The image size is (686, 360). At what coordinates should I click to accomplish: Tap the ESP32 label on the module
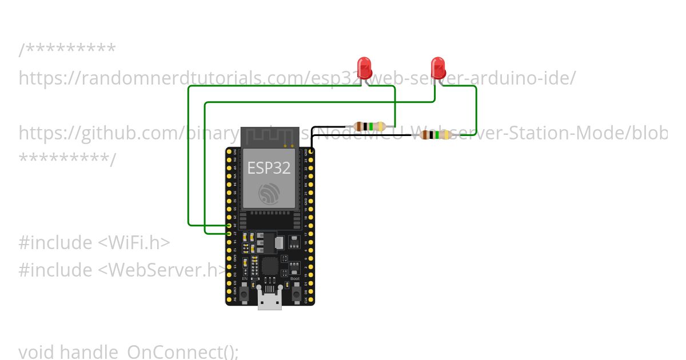pos(269,168)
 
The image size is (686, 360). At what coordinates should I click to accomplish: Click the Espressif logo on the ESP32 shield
pos(269,194)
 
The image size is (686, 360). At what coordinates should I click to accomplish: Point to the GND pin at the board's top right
pos(311,152)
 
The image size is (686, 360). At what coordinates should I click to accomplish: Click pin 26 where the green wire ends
pos(229,225)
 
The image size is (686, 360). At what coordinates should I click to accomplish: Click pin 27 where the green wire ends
pos(229,233)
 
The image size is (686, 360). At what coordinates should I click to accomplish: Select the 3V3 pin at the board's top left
pos(229,152)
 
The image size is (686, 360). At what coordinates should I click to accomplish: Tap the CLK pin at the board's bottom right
pos(311,299)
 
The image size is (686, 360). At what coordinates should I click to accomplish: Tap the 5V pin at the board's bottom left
pos(229,299)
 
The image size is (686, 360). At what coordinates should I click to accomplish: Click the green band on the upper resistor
pos(372,126)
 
